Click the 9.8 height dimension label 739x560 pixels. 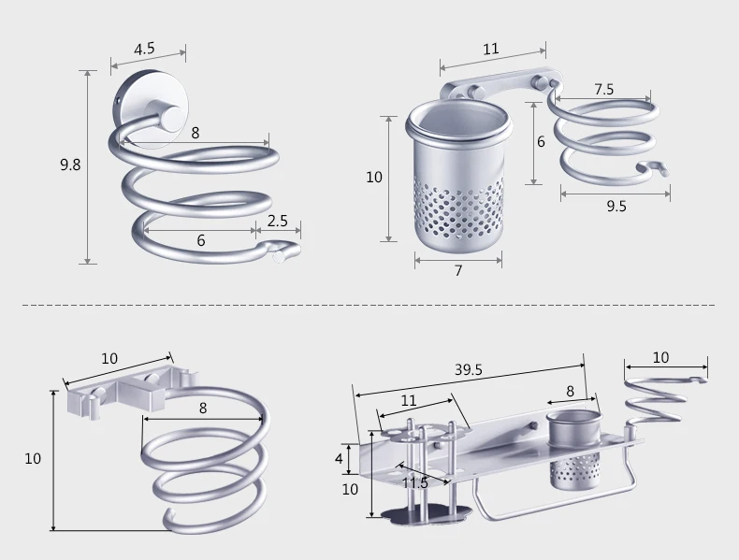[x=70, y=165]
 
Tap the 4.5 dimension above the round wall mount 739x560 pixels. [x=144, y=49]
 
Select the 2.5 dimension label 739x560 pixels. [x=278, y=221]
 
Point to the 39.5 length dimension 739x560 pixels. [x=469, y=369]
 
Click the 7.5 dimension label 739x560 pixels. [x=603, y=89]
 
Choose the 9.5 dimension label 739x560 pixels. [x=616, y=207]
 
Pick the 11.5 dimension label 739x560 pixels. [x=415, y=482]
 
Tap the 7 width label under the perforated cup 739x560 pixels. [x=458, y=270]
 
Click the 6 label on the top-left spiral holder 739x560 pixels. [x=201, y=240]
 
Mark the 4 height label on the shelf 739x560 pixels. [x=339, y=458]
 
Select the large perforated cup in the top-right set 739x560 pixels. [x=458, y=177]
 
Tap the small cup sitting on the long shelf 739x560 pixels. [x=573, y=451]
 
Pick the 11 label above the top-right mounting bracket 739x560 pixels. [x=490, y=49]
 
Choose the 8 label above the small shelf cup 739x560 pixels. [x=571, y=391]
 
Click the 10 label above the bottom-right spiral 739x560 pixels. [x=660, y=357]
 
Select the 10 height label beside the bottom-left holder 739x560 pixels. [x=33, y=458]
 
